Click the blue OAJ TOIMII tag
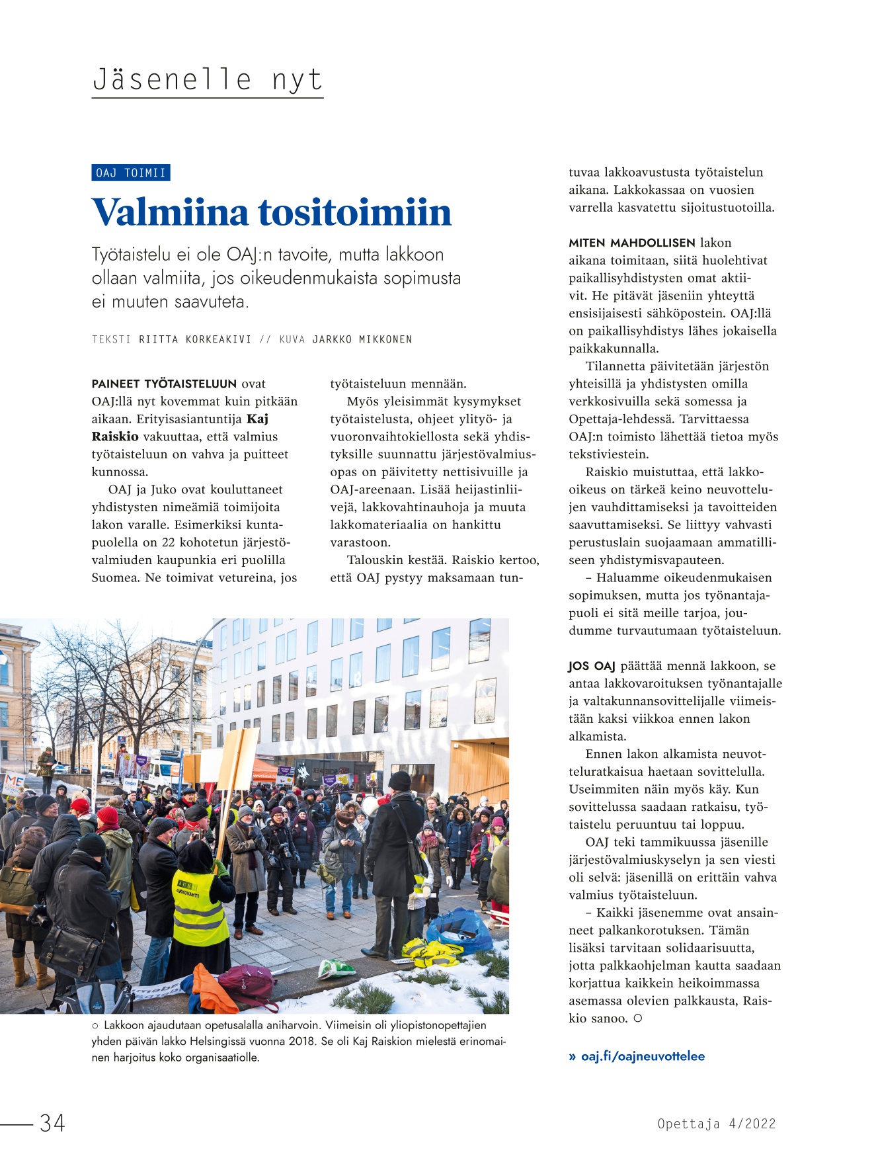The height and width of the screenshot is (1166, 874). [x=131, y=173]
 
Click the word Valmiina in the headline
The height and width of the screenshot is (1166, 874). [x=170, y=212]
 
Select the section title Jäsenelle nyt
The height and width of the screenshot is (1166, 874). [x=207, y=80]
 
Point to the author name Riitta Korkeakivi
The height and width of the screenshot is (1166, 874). [x=195, y=339]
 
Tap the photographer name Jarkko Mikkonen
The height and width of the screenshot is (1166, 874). [x=362, y=339]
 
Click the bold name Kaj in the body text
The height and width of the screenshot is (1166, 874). [x=258, y=419]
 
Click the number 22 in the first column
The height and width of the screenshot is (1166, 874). [x=169, y=542]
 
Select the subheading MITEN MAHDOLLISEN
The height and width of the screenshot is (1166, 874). [x=631, y=243]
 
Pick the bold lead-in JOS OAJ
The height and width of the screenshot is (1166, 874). [x=591, y=666]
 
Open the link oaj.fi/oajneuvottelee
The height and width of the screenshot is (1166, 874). [x=642, y=1056]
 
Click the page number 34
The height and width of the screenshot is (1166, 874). [x=52, y=1122]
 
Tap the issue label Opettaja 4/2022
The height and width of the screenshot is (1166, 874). [x=716, y=1124]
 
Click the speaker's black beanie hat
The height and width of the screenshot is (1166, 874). [x=399, y=780]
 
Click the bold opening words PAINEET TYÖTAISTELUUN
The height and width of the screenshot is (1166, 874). [x=164, y=384]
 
